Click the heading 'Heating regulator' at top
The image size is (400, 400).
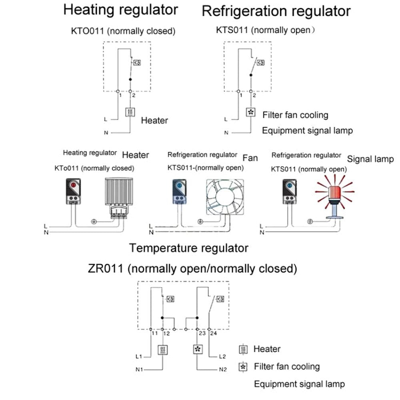click(120, 10)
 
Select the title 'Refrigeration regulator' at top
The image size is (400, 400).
click(276, 11)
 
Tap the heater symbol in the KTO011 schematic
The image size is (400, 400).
click(131, 112)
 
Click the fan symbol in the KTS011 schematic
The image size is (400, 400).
click(250, 112)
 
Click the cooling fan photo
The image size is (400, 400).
click(224, 199)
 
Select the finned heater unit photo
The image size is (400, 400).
click(119, 197)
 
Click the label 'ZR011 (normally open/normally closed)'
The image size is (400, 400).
click(192, 268)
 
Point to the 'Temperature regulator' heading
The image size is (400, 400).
click(188, 248)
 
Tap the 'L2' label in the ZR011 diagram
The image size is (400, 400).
click(223, 356)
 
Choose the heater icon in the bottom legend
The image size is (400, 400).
click(242, 350)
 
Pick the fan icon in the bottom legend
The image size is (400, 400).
click(242, 366)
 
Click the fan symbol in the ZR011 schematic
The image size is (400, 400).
click(197, 349)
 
